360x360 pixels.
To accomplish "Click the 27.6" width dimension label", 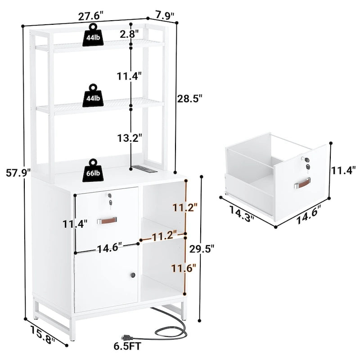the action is point(91,17).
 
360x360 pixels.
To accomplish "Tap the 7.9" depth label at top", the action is point(165,15).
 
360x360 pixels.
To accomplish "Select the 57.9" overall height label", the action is point(18,173).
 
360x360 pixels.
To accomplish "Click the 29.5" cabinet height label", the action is point(202,249).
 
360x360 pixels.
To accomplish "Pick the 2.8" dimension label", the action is point(130,34).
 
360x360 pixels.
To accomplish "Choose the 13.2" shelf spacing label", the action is point(130,138).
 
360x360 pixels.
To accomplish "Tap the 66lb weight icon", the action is point(93,171).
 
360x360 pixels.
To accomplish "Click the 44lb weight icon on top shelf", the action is point(93,35).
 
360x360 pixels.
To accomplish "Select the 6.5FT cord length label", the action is point(127,346).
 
